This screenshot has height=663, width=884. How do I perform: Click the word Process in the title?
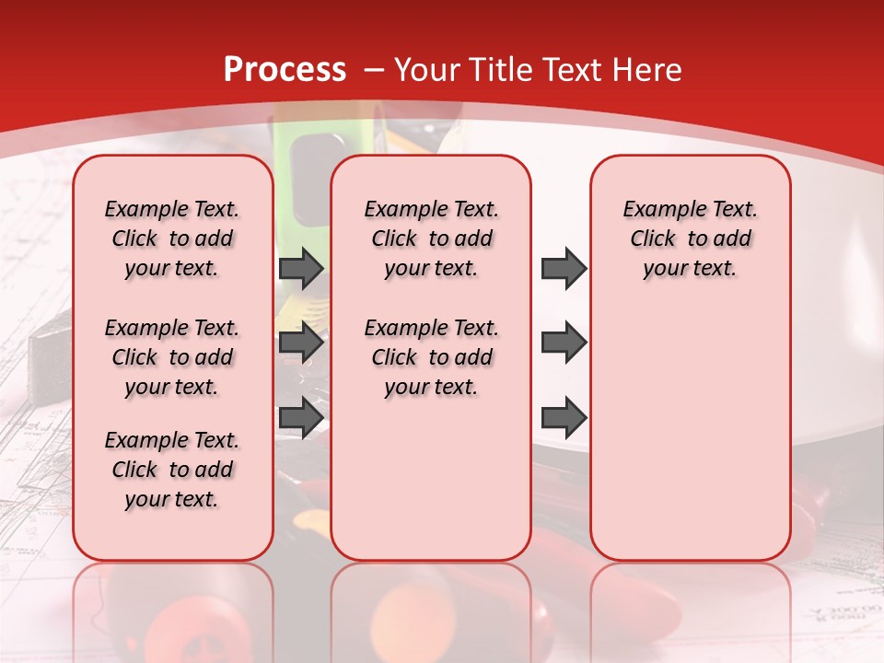pos(285,70)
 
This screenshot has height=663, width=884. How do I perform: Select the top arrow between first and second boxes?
pos(301,269)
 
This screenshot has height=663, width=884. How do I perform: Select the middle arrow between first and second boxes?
pos(301,343)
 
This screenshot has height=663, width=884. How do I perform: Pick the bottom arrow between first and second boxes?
pos(301,418)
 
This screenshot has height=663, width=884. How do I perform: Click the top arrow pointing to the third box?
pos(564,269)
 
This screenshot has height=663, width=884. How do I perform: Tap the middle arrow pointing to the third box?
pos(564,343)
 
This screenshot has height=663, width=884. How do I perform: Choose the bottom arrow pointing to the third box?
pos(564,418)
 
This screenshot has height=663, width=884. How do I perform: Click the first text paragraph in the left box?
pos(172,238)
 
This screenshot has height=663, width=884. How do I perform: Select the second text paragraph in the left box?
pos(172,357)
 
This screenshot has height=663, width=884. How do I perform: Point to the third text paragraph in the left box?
pos(172,470)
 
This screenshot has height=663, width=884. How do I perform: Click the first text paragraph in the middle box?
pos(432,238)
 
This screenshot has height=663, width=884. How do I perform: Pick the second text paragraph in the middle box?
pos(432,357)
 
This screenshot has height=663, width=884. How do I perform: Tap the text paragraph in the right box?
pos(691,238)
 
